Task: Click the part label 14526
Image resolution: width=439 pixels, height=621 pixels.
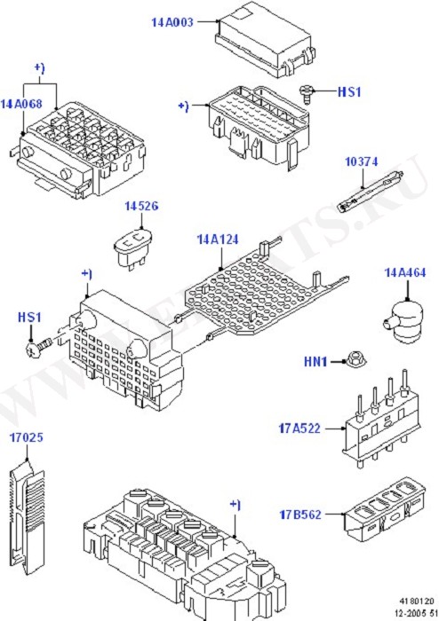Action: click(141, 206)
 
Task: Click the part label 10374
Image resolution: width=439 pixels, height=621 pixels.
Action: click(362, 161)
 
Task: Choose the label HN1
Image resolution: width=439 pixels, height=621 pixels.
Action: click(316, 362)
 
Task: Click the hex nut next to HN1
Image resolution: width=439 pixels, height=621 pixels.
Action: click(347, 362)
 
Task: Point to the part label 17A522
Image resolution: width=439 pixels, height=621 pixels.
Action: click(299, 429)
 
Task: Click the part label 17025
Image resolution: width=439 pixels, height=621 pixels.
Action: click(27, 436)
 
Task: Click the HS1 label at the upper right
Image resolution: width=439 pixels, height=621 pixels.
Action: click(349, 90)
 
